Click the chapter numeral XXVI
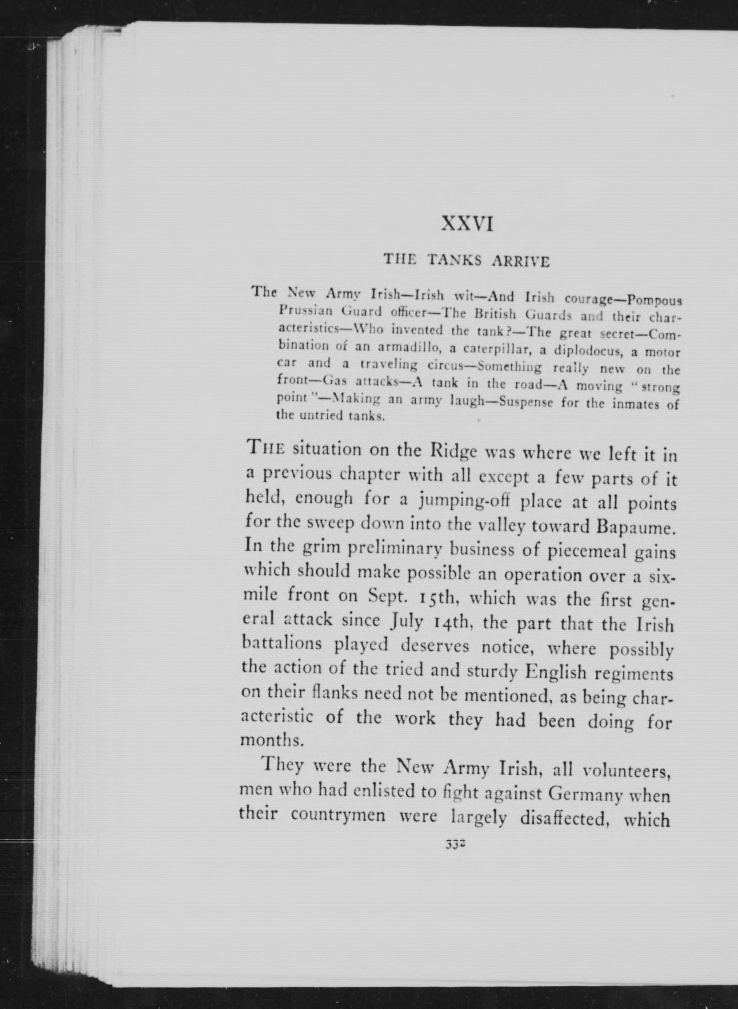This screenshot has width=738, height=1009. pos(467,224)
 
